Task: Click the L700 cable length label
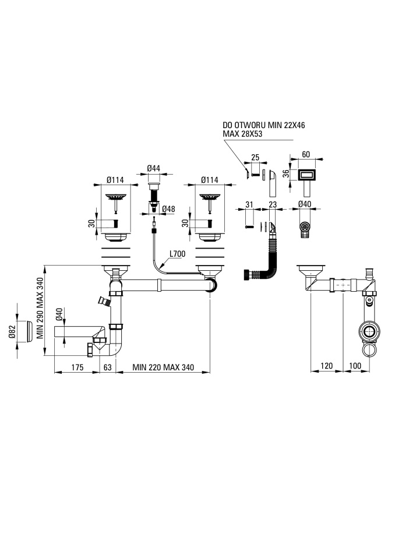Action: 177,254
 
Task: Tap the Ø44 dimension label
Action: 154,168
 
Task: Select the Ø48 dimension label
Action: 168,208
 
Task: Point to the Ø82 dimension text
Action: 12,332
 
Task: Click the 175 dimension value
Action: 77,367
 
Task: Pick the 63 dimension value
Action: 107,367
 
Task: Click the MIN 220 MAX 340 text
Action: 163,367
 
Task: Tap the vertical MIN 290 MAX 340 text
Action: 40,307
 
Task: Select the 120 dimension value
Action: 326,366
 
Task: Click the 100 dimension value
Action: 355,366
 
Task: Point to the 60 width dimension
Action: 306,154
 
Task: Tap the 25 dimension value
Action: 255,157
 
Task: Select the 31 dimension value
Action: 249,204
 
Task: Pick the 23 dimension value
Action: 273,204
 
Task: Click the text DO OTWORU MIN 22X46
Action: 264,126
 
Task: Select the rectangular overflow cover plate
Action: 306,175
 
